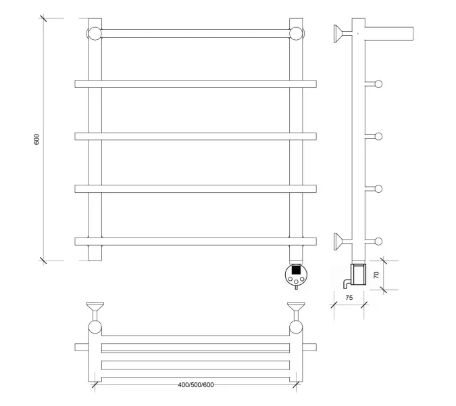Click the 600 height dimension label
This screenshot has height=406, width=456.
pos(36,139)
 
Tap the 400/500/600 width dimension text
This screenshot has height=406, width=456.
pos(196,385)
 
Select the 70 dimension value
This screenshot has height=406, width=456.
pos(376,275)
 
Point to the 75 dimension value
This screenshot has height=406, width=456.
pos(349,298)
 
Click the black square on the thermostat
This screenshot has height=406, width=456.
pos(296,269)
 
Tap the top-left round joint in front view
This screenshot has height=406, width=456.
pos(95,33)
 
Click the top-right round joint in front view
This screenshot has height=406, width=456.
pos(296,33)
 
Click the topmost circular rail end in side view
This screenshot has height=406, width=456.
pos(378,84)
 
